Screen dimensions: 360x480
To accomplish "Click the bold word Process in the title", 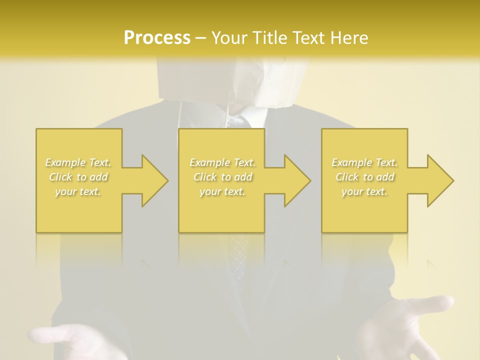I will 157,37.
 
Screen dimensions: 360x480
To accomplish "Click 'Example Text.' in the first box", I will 78,162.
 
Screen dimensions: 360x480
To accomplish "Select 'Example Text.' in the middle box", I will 222,162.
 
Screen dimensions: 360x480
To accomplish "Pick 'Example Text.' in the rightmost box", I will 364,162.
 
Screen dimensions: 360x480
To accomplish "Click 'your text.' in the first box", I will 78,191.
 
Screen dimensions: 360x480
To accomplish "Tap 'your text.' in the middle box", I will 222,191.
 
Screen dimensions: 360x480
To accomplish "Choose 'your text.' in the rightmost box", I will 364,191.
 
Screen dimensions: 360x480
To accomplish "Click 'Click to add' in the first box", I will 78,177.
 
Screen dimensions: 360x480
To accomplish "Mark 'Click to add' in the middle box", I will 222,177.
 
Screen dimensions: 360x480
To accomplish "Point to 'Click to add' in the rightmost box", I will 364,177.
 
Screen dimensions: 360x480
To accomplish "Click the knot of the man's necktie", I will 242,121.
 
